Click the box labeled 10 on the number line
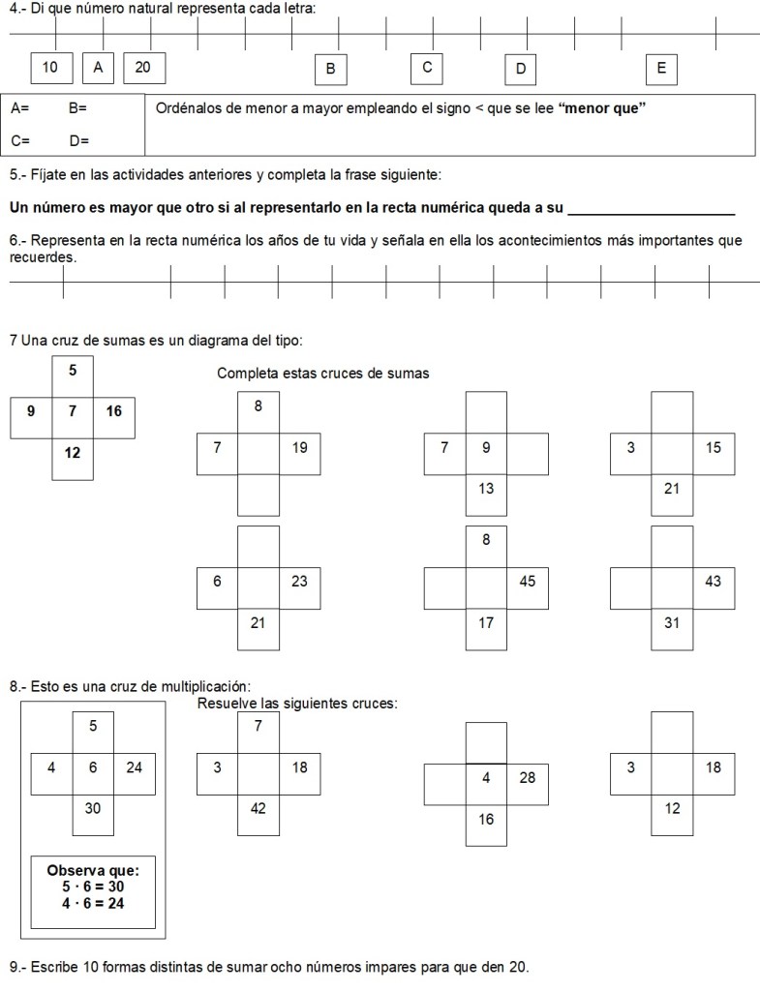coord(51,67)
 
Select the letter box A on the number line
coord(98,67)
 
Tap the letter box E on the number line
coord(661,68)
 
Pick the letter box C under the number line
coord(426,67)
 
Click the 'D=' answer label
coord(79,141)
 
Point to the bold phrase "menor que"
coord(603,108)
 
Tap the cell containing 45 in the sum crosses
coord(527,581)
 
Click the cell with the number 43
coord(714,581)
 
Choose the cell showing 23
coord(299,581)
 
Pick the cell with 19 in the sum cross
coord(299,447)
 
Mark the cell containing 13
coord(486,489)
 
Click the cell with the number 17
coord(486,622)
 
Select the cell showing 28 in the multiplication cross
coord(527,777)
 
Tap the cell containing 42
coord(258,808)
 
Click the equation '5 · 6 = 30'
coord(93,886)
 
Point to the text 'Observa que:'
coord(93,870)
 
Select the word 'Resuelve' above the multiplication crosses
coord(226,704)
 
